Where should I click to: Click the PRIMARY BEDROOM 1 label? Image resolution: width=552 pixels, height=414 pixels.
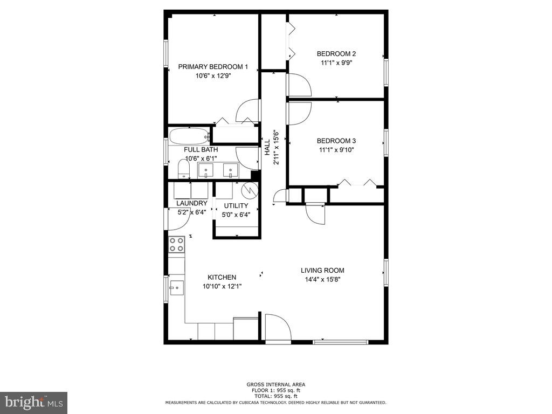point(213,67)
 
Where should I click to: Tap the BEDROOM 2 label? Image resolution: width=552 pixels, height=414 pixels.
point(336,54)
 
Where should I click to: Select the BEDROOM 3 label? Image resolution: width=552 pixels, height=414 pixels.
point(336,141)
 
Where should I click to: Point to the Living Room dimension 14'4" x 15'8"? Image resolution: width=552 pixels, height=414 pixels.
point(322,279)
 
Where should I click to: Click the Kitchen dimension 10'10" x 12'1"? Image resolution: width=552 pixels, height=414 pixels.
point(222,286)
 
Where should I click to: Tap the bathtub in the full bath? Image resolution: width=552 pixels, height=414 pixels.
point(188,136)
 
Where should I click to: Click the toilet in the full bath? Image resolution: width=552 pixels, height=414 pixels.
point(184,170)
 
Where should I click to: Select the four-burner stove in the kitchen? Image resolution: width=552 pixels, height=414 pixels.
point(176,244)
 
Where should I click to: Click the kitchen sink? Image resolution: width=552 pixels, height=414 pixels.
point(176,287)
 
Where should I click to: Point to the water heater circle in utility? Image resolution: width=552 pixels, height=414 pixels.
point(249,190)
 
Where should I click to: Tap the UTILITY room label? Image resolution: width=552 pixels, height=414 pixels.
point(236,206)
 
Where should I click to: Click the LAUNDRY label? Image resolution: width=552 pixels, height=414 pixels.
point(191,203)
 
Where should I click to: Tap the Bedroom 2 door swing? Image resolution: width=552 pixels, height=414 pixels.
point(298,85)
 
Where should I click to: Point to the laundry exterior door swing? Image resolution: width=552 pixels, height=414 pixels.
point(176,219)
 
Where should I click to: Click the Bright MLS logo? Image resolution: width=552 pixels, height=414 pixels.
point(33,402)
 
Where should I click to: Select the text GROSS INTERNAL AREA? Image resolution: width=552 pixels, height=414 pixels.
point(275,384)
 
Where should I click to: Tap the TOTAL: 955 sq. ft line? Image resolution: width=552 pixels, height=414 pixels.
point(275,396)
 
